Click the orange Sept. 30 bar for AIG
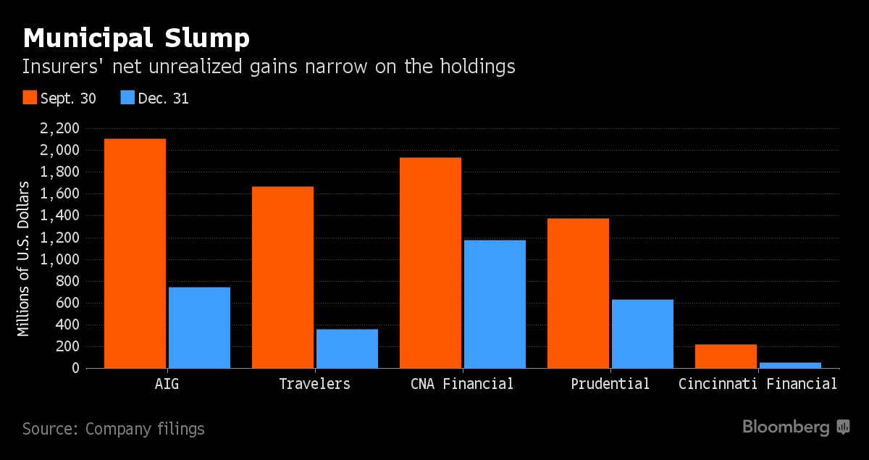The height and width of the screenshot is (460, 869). pyautogui.click(x=135, y=254)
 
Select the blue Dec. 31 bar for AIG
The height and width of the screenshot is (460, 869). pyautogui.click(x=199, y=327)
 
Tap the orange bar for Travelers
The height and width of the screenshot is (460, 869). pyautogui.click(x=282, y=277)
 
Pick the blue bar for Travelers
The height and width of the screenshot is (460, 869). pyautogui.click(x=347, y=348)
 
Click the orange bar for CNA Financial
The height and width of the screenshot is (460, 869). pyautogui.click(x=430, y=263)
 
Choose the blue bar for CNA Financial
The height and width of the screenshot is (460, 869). pyautogui.click(x=495, y=304)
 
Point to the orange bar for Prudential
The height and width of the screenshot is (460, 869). pyautogui.click(x=578, y=293)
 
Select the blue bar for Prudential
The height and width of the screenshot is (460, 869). pyautogui.click(x=642, y=334)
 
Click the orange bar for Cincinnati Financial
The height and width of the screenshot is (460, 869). pyautogui.click(x=726, y=356)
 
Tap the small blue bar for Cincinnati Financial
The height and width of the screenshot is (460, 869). pyautogui.click(x=790, y=365)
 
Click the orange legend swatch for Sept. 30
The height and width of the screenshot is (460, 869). pyautogui.click(x=30, y=98)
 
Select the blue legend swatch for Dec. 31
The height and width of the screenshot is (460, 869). pyautogui.click(x=127, y=98)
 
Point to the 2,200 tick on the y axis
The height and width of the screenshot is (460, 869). pyautogui.click(x=61, y=129)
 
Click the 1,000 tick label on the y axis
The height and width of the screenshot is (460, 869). pyautogui.click(x=61, y=259)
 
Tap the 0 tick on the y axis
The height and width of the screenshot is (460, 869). pyautogui.click(x=75, y=368)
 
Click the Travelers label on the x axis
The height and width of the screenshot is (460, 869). pyautogui.click(x=314, y=384)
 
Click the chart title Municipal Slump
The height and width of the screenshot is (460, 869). pyautogui.click(x=136, y=37)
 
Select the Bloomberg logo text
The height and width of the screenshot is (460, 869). pyautogui.click(x=786, y=427)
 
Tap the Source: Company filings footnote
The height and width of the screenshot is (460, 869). pyautogui.click(x=114, y=429)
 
